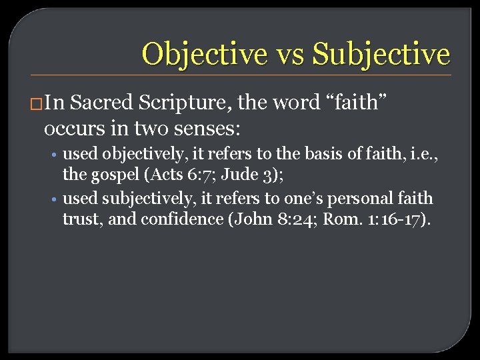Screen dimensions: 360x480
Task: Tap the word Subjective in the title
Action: [x=381, y=53]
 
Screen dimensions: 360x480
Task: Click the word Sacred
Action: [x=103, y=103]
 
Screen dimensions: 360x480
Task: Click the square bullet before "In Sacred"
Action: [x=37, y=104]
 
